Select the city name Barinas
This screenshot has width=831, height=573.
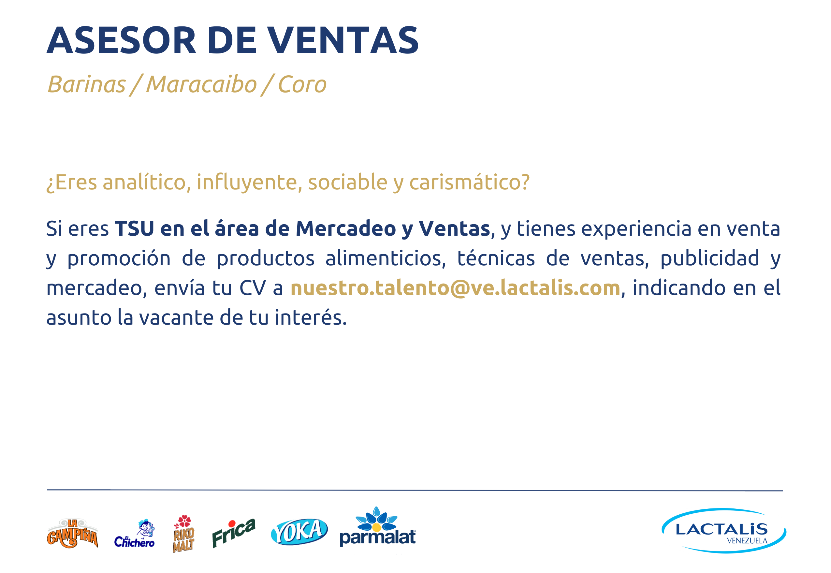86,84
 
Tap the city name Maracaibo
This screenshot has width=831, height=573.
201,84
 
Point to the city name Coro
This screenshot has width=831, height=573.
302,85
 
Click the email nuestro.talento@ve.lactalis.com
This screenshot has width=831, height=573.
456,288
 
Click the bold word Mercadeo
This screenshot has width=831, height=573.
345,229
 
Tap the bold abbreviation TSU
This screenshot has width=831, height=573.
134,229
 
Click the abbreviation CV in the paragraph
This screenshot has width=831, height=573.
253,288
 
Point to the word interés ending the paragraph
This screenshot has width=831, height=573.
311,317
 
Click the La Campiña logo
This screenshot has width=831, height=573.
73,534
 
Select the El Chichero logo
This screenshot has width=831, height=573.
135,534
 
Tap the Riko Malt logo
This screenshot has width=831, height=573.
183,534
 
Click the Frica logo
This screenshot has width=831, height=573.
234,533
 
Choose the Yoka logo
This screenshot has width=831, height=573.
299,532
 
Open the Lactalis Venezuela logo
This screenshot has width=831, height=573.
724,530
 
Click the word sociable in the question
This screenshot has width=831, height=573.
347,182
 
